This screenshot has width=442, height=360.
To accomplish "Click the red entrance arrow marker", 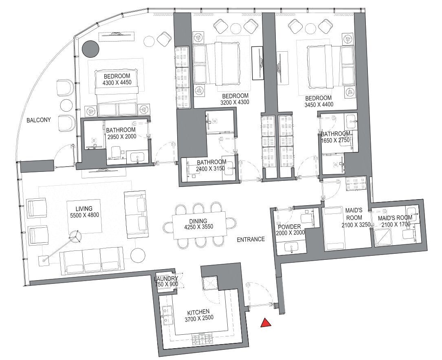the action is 266,323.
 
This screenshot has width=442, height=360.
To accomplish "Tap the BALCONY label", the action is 39,120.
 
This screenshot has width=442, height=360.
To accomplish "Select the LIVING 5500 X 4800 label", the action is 84,212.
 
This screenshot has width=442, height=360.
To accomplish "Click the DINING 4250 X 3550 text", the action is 198,224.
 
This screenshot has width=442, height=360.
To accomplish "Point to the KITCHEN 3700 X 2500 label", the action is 199,315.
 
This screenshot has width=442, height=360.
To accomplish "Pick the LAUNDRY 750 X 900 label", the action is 166,281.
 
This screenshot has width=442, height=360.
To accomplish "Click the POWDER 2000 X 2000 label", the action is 290,230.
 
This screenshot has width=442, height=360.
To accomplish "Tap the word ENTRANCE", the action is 251,239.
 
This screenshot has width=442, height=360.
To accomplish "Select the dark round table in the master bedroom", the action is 90,48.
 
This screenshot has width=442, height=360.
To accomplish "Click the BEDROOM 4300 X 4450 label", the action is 117,79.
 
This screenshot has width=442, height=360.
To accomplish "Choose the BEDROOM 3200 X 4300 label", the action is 235,99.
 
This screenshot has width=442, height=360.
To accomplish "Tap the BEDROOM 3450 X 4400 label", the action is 319,101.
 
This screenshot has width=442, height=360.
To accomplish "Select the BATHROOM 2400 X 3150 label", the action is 211,165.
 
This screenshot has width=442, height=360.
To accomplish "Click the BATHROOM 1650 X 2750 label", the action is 335,136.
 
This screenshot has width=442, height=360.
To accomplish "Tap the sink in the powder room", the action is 290,248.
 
